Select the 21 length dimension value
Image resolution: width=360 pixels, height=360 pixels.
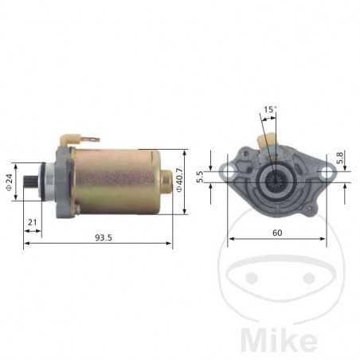pyautogui.click(x=32, y=221)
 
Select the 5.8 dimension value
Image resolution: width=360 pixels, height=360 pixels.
pyautogui.click(x=341, y=158)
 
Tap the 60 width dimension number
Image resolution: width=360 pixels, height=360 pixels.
pyautogui.click(x=276, y=233)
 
